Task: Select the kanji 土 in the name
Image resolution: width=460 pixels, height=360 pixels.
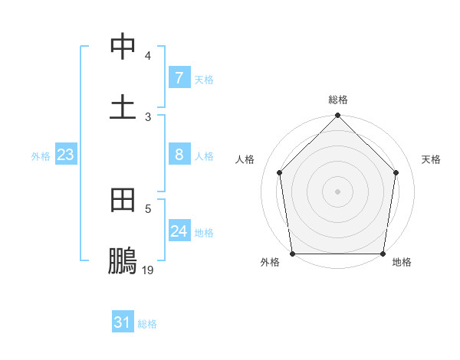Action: coord(123,106)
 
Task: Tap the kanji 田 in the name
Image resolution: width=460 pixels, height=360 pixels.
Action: coord(123,201)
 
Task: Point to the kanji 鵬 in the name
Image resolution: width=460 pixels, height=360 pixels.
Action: coord(123,262)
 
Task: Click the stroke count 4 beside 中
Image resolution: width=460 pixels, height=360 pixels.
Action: coord(148,56)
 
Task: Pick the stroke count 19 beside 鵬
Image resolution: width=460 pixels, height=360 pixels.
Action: coord(148,270)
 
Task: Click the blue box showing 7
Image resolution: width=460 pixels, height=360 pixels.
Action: coord(179,78)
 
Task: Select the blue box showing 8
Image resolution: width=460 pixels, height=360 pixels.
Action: coord(179,155)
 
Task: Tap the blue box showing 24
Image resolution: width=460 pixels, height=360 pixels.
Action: coord(179,231)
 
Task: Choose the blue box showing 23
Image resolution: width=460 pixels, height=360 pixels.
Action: coord(66,155)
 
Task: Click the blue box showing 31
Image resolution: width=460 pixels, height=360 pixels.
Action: coord(123,323)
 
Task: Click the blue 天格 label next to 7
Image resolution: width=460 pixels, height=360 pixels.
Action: coord(204,79)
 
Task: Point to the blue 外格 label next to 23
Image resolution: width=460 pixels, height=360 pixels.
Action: coord(41,156)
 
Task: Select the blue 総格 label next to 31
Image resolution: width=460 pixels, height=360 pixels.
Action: coord(147,324)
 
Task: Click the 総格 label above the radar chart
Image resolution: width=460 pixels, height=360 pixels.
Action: coord(338,100)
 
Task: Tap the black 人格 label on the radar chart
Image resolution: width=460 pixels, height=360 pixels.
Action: coord(245,159)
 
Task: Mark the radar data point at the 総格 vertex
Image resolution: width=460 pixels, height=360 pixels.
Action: coord(338,116)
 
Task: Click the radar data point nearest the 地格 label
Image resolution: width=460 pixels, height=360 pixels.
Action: coord(383,254)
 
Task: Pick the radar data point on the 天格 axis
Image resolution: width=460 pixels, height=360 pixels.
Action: coord(396,172)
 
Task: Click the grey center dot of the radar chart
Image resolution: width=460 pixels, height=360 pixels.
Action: coord(338,191)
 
